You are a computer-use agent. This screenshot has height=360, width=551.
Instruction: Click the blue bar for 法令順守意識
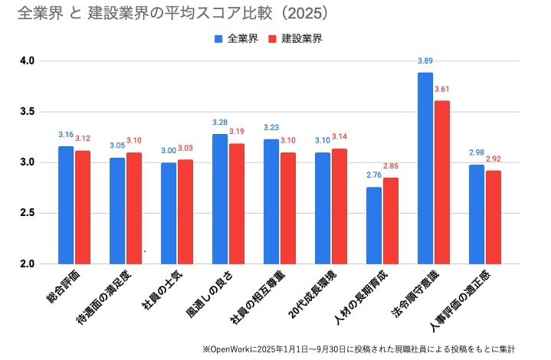pyautogui.click(x=425, y=169)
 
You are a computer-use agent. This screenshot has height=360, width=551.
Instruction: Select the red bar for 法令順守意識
pyautogui.click(x=442, y=182)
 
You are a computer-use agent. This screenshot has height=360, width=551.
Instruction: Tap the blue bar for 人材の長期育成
pyautogui.click(x=374, y=225)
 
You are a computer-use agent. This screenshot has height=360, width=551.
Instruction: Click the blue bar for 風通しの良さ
pyautogui.click(x=220, y=199)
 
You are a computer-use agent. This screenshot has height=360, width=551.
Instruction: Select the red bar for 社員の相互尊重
pyautogui.click(x=288, y=208)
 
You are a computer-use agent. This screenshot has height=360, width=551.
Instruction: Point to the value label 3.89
pyautogui.click(x=425, y=61)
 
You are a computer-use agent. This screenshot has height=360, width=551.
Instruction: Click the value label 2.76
pyautogui.click(x=373, y=176)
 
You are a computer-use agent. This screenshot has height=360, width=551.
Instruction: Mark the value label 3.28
pyautogui.click(x=220, y=123)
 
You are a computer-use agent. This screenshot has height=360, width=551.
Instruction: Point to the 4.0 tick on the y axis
pyautogui.click(x=28, y=61)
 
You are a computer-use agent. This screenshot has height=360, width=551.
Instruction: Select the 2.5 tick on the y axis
pyautogui.click(x=28, y=213)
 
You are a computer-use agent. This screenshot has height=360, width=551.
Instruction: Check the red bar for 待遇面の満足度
pyautogui.click(x=134, y=208)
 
